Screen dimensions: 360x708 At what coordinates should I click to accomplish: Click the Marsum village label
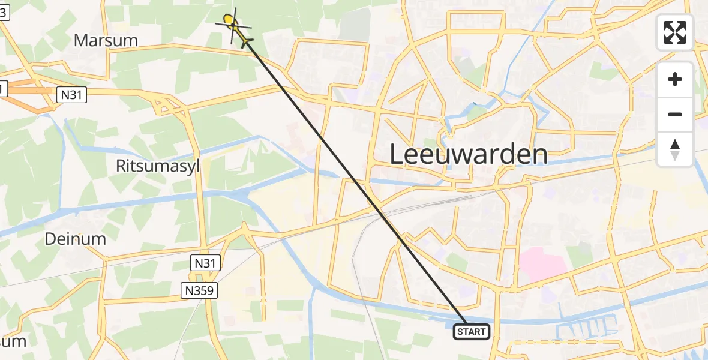[106, 41]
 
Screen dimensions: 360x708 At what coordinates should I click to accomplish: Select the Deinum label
[76, 239]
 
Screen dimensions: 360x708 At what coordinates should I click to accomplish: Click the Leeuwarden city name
[469, 154]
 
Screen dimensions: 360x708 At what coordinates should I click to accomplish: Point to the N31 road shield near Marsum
[72, 94]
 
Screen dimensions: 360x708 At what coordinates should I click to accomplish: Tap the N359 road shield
[200, 291]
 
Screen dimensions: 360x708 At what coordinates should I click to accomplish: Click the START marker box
[472, 331]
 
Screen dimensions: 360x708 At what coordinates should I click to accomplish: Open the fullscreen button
[675, 32]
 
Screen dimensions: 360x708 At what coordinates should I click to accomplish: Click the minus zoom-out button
[675, 114]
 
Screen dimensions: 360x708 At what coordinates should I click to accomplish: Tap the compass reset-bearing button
[675, 149]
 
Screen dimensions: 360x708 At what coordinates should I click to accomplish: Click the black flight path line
[354, 180]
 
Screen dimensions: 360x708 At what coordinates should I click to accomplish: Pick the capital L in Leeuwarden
[398, 154]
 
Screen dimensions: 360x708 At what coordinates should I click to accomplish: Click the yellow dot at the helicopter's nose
[228, 20]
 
